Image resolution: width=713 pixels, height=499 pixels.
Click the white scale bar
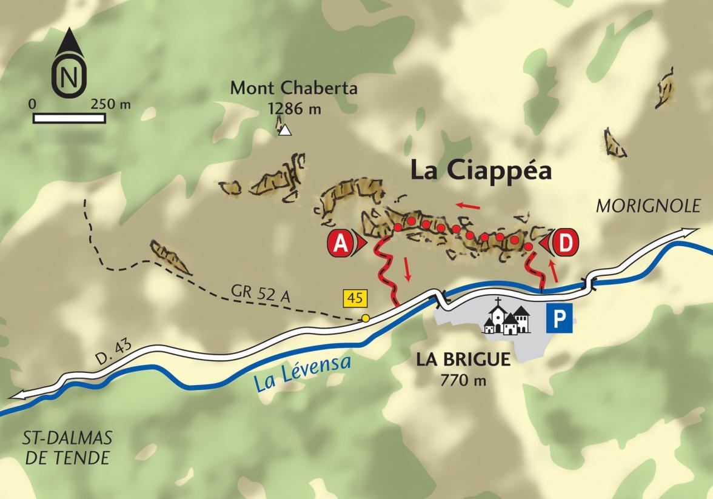tap(69, 118)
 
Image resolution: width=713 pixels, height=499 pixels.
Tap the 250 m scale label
tap(110, 104)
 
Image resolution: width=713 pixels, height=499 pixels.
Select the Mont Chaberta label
tap(294, 89)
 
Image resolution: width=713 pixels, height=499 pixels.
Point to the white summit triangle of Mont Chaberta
tap(285, 130)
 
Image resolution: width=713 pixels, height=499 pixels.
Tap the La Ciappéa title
tap(481, 170)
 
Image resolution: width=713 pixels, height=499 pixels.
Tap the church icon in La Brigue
tap(506, 317)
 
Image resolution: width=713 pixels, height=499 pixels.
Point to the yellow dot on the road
tap(366, 318)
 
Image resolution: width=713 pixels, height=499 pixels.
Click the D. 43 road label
tap(112, 352)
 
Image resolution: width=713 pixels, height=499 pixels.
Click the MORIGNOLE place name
tap(648, 207)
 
